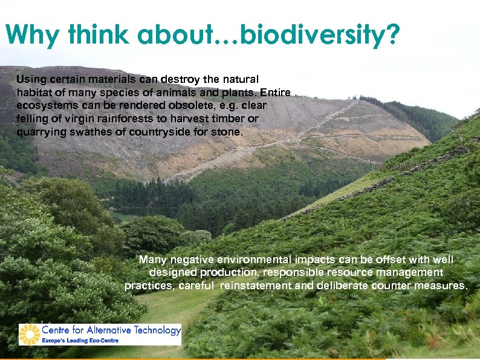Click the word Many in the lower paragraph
coord(152,260)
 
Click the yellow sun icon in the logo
coord(29,334)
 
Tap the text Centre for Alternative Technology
coord(111,330)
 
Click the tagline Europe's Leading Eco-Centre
coord(80,341)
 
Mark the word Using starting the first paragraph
coord(29,79)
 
